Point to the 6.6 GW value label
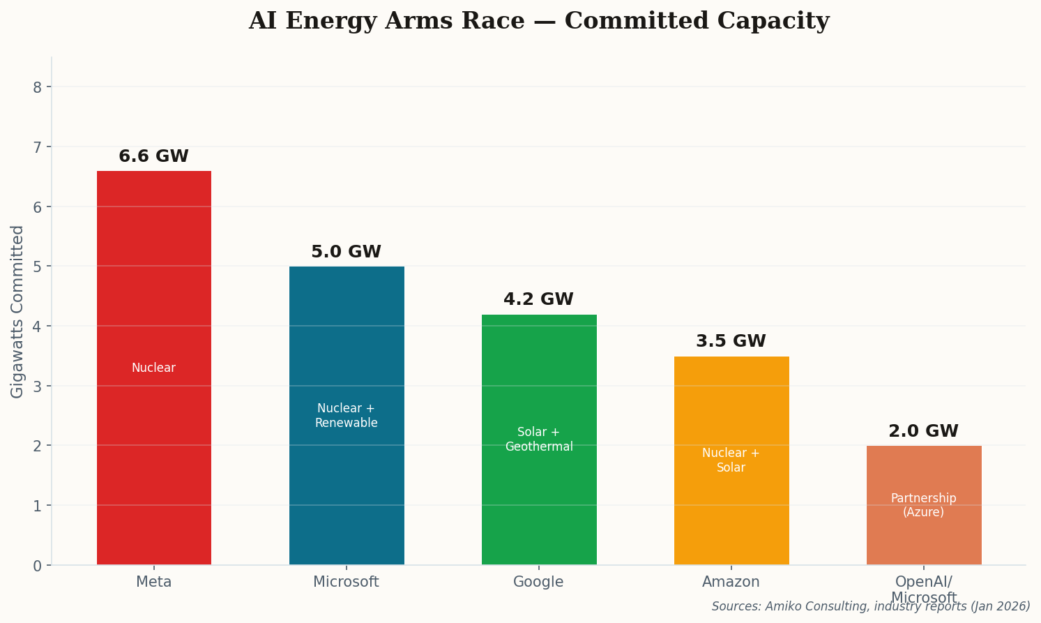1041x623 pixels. [x=153, y=157]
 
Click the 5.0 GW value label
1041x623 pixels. [x=347, y=253]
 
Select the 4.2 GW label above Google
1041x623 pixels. [x=539, y=300]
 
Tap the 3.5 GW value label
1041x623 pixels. [x=731, y=342]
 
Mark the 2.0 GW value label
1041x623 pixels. [x=924, y=432]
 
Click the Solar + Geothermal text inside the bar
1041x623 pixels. [x=539, y=440]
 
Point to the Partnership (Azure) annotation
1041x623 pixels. [x=924, y=505]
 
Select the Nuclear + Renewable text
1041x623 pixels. [x=347, y=416]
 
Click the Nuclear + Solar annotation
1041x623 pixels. [x=731, y=460]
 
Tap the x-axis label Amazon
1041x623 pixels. [x=731, y=582]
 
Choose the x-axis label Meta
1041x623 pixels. [x=153, y=582]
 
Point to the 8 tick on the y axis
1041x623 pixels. [x=38, y=87]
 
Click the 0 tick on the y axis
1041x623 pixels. [x=38, y=565]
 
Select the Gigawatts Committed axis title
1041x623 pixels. [x=17, y=311]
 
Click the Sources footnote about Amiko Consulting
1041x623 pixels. [x=871, y=607]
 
